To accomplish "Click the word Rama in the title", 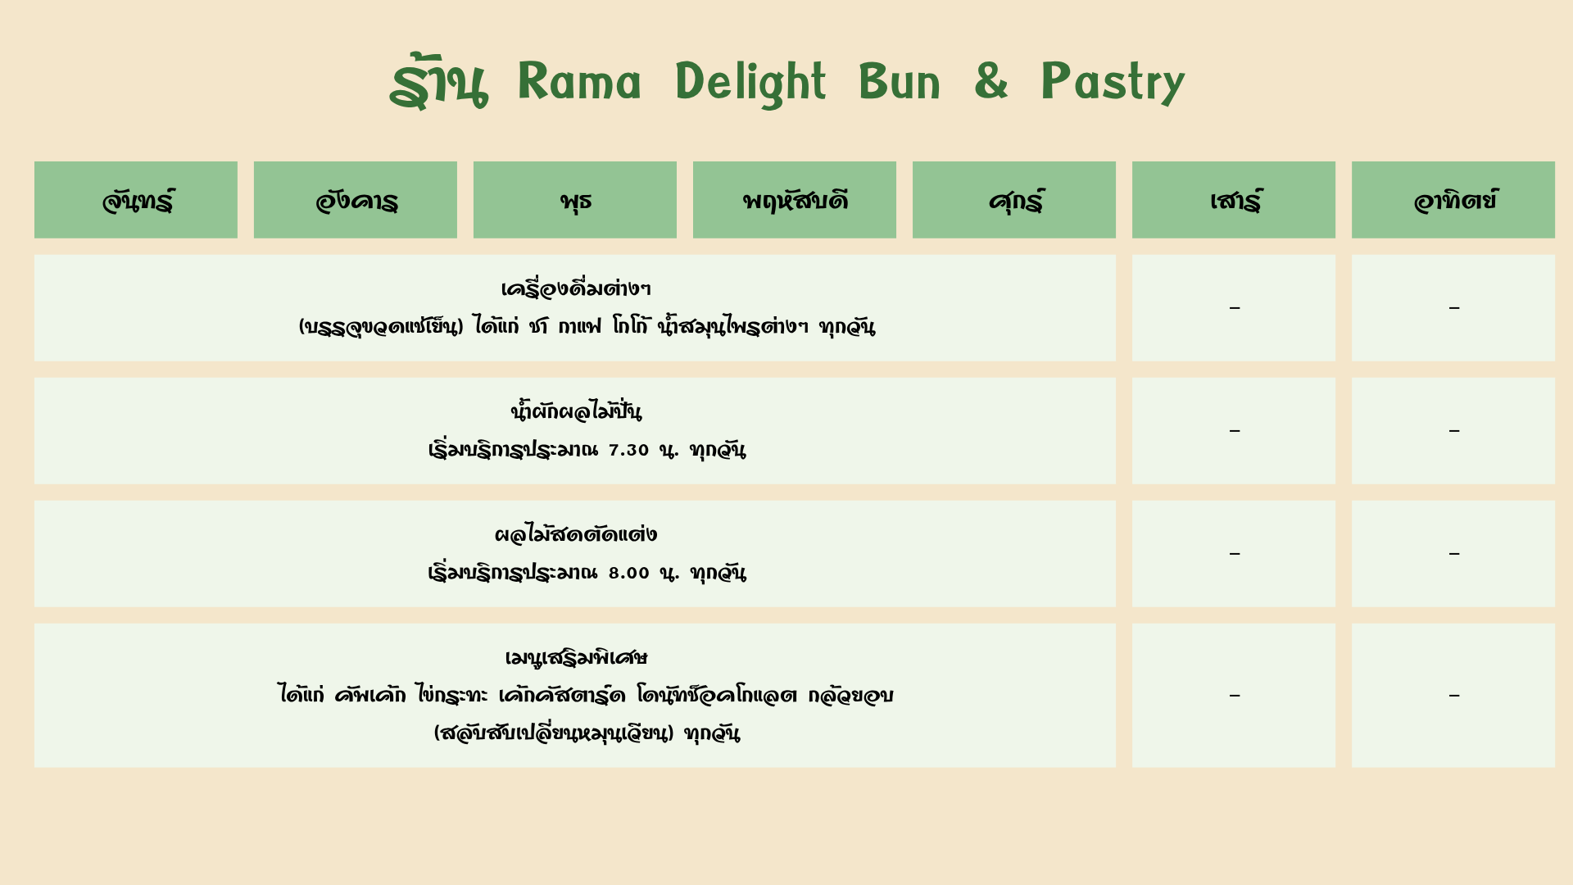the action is tap(579, 82).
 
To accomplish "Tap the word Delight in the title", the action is tap(750, 83).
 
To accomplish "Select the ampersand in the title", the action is tap(991, 81).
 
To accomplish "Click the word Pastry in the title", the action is tap(1113, 83).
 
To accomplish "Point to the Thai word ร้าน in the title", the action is tap(438, 82).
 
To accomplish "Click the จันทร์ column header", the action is tap(136, 200).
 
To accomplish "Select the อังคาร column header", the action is tap(356, 200).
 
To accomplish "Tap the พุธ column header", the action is tap(575, 200).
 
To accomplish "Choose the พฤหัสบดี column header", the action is tap(795, 200).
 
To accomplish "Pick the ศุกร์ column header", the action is tap(1014, 200).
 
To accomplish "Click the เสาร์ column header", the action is tap(1234, 200).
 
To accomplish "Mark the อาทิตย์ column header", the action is tap(1453, 200).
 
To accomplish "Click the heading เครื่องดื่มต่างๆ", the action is tap(575, 288).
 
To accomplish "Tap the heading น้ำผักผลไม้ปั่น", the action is tap(575, 410).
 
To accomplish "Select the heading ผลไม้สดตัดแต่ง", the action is tap(575, 534).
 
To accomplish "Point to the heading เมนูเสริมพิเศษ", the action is tap(575, 657).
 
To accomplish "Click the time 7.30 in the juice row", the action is tap(628, 450).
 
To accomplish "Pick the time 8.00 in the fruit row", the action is tap(628, 573).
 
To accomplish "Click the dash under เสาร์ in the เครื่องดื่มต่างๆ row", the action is tap(1235, 308).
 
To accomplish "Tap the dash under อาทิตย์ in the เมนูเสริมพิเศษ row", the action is tap(1454, 696).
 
